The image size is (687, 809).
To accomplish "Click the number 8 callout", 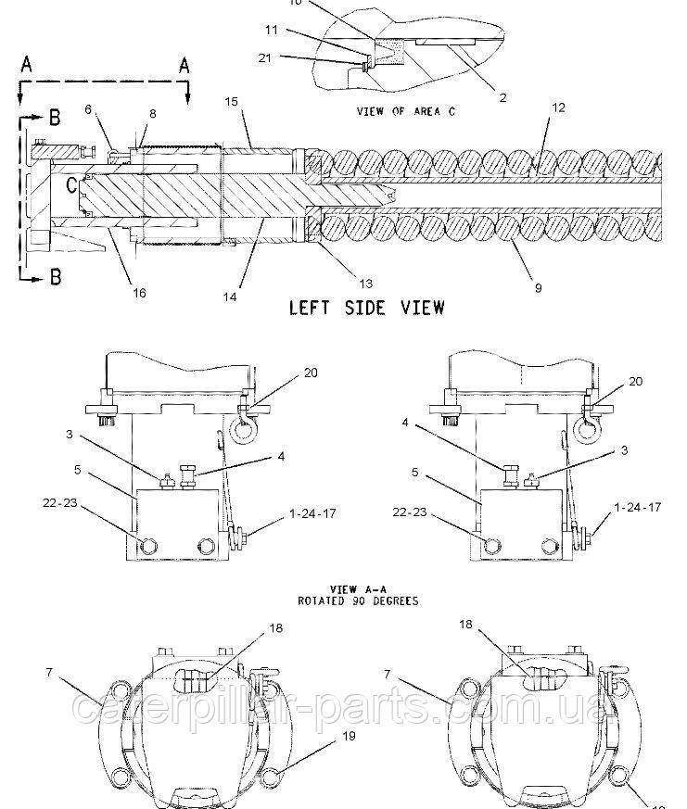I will tap(153, 113).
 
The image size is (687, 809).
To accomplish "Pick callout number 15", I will tap(233, 99).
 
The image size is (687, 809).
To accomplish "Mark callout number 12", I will tap(558, 107).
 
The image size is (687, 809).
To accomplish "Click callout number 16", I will tap(139, 294).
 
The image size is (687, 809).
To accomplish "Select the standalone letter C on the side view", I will tap(71, 183).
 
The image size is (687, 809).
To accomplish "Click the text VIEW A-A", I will tap(355, 588).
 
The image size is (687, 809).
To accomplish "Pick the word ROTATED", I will tap(321, 600).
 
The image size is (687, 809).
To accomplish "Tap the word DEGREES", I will tap(395, 600).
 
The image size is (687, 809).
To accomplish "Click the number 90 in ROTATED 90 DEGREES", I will tap(358, 600).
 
